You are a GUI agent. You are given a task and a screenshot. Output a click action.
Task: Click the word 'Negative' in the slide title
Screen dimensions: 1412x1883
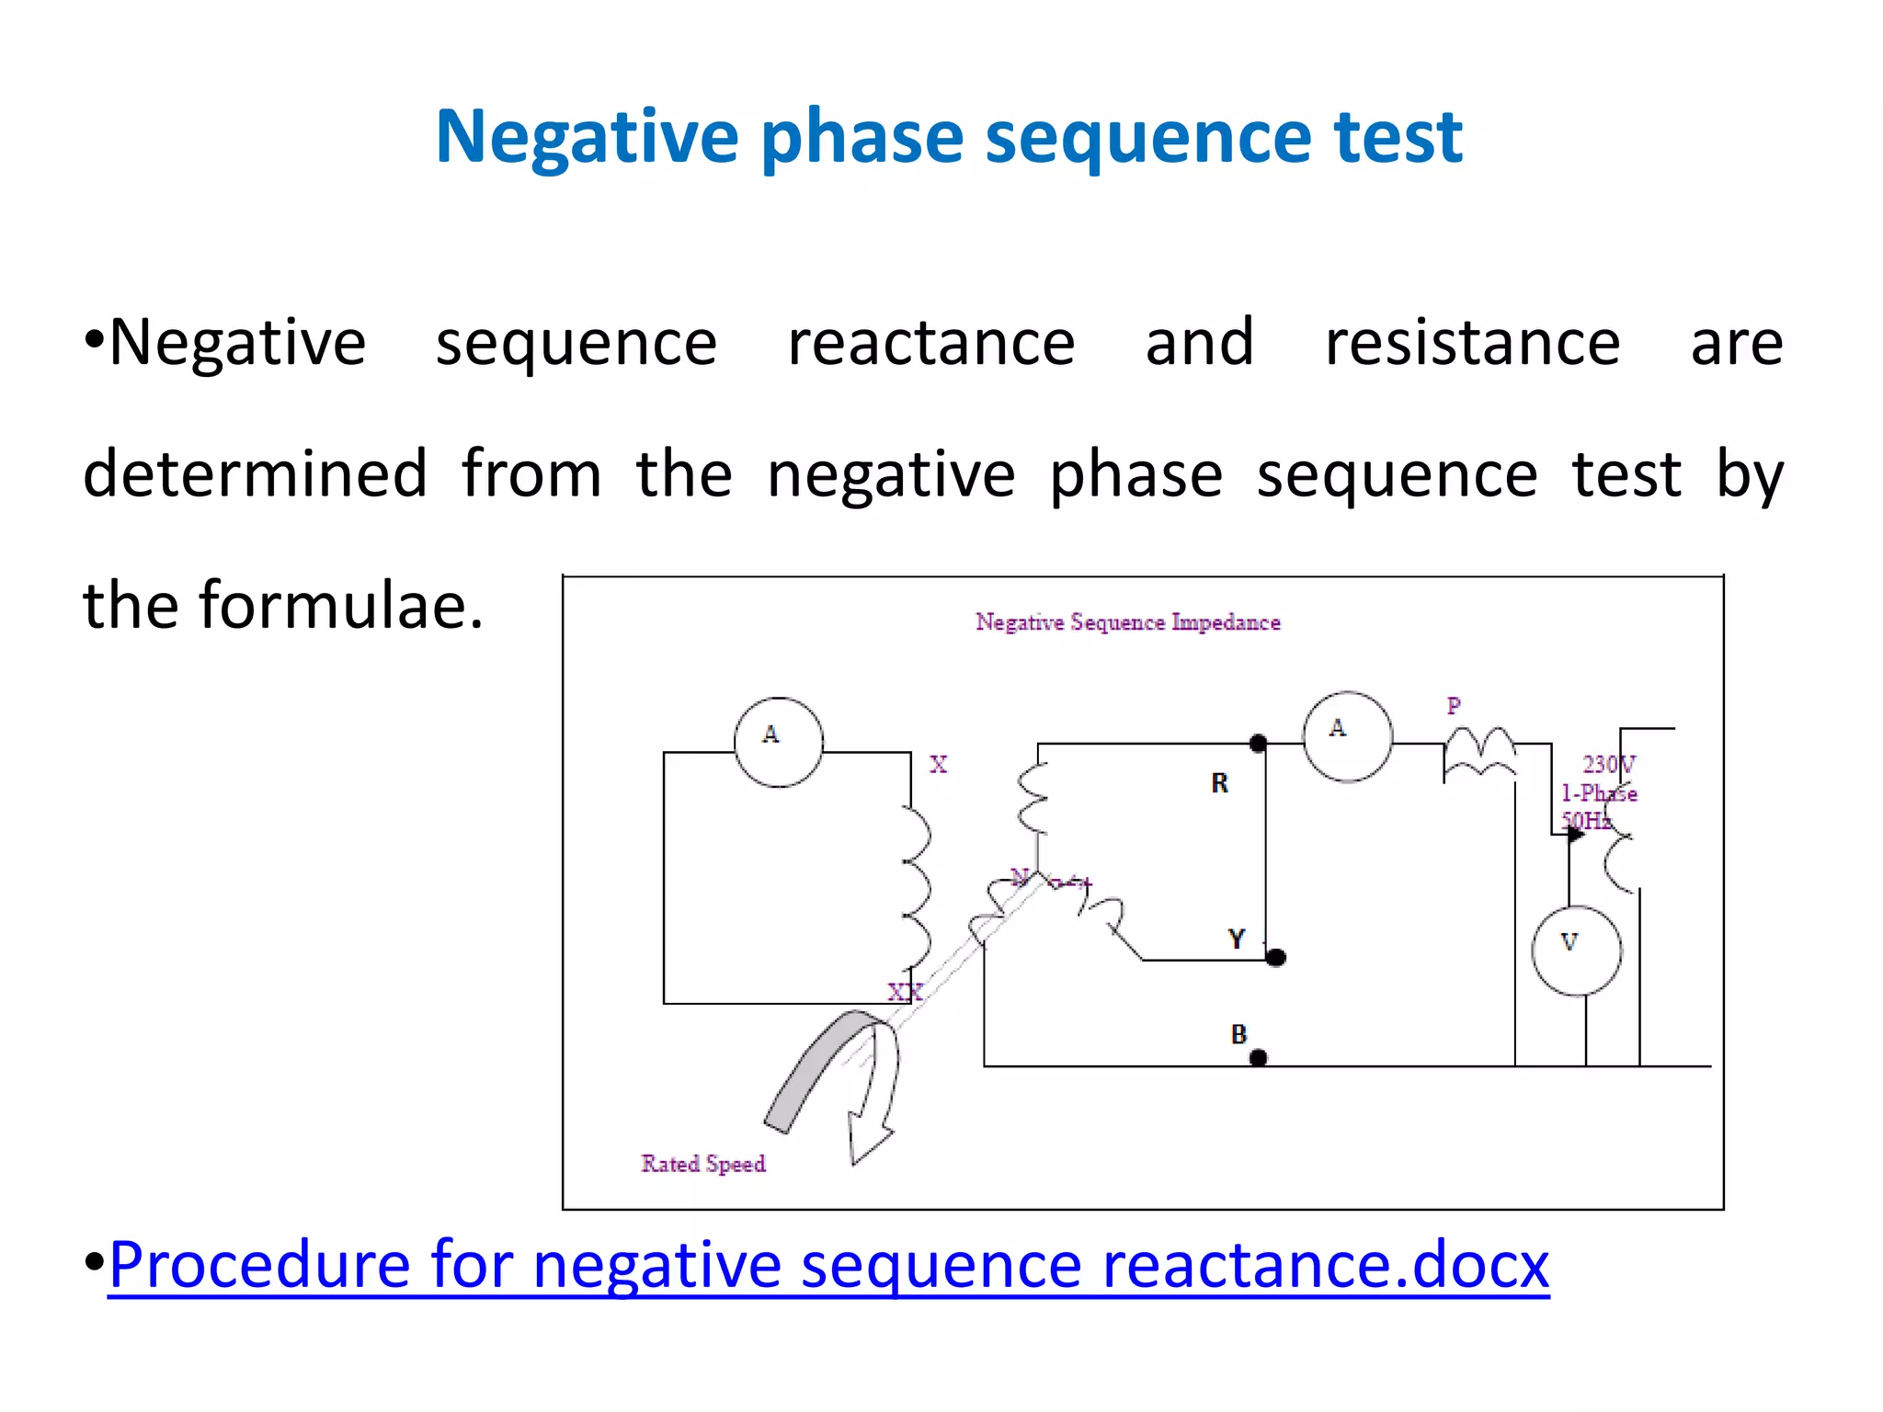[x=586, y=138]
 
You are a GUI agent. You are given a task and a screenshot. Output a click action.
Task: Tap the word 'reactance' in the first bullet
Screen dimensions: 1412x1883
[x=930, y=343]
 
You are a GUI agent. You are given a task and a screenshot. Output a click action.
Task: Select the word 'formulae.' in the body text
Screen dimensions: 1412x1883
[x=341, y=607]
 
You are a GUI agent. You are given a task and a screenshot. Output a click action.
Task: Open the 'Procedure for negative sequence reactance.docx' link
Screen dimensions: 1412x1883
[x=827, y=1266]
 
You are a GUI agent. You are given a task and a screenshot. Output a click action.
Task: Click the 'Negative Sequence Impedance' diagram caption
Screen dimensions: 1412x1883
[x=1127, y=622]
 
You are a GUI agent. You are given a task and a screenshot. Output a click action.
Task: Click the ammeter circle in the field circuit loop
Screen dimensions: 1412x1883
[x=778, y=742]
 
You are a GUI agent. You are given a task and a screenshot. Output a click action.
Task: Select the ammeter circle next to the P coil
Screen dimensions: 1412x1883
[x=1347, y=736]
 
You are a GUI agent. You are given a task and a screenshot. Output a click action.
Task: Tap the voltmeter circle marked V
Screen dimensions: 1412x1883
[x=1576, y=951]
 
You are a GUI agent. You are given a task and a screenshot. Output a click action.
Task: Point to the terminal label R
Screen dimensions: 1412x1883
[x=1219, y=783]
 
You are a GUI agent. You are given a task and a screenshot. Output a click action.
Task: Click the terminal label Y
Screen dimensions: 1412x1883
[x=1237, y=939]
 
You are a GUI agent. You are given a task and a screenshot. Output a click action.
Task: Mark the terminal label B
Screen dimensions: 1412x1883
[x=1238, y=1034]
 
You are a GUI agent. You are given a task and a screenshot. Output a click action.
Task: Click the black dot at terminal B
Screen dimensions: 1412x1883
[x=1259, y=1058]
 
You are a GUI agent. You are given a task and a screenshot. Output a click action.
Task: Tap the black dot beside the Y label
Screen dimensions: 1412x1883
[x=1275, y=958]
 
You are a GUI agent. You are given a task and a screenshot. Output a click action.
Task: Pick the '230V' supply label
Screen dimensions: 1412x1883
[x=1608, y=764]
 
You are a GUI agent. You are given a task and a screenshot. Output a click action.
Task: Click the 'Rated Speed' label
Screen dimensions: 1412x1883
[x=703, y=1164]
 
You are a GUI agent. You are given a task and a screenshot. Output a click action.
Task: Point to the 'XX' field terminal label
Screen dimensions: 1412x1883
[x=904, y=992]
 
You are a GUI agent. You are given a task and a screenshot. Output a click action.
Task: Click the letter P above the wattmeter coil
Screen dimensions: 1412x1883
[x=1454, y=706]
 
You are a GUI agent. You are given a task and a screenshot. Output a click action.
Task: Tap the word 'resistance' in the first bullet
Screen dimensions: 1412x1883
[x=1472, y=343]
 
